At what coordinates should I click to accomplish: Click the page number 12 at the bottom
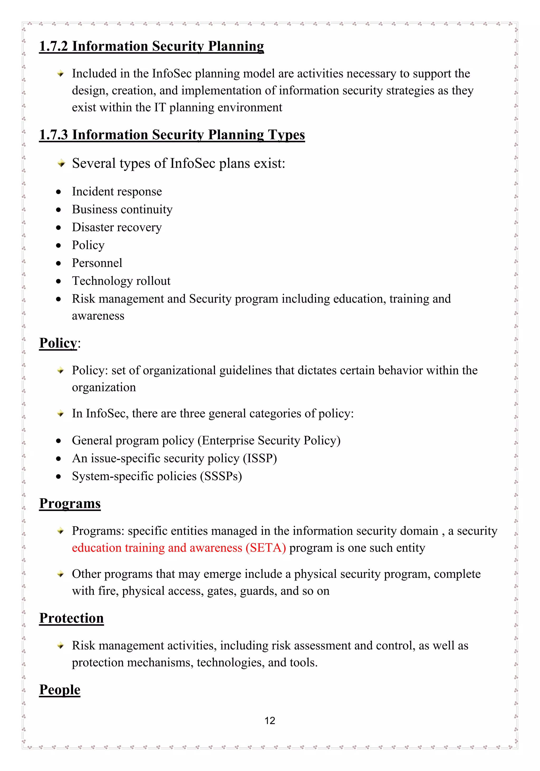pos(270,720)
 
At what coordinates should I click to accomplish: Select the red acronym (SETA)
pos(266,548)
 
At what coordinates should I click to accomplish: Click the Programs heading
pos(70,503)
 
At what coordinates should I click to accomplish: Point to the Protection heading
pos(71,618)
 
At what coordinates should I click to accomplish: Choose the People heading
pos(60,690)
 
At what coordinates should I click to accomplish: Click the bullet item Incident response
pos(117,191)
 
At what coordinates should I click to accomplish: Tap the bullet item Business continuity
pos(122,210)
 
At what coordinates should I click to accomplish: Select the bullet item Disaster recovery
pos(117,227)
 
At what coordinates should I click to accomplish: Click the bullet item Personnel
pos(97,263)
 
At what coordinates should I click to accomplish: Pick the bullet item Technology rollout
pos(121,281)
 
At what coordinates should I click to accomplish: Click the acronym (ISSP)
pos(260,458)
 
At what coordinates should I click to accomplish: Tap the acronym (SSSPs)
pos(221,476)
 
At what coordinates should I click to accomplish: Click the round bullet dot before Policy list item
pos(59,245)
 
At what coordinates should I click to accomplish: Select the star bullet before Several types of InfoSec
pos(61,163)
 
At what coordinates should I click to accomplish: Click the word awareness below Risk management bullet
pos(98,316)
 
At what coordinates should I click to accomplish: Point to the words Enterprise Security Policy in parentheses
pos(269,440)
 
